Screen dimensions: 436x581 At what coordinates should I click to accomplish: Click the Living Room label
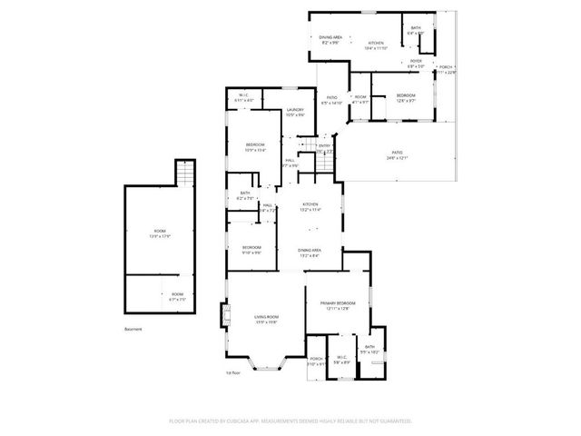pyautogui.click(x=265, y=318)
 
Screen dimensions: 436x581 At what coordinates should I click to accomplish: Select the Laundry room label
pyautogui.click(x=295, y=112)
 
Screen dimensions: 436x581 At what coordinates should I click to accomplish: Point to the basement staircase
pyautogui.click(x=185, y=171)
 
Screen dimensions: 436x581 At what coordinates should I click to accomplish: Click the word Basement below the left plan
pyautogui.click(x=133, y=330)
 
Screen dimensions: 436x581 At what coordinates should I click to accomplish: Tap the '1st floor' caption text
pyautogui.click(x=233, y=372)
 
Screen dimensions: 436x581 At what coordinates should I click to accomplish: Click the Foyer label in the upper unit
pyautogui.click(x=415, y=64)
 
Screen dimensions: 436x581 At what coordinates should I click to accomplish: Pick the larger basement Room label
pyautogui.click(x=160, y=234)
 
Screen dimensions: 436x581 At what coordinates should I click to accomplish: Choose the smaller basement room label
pyautogui.click(x=177, y=295)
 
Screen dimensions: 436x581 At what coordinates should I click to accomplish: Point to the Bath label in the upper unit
pyautogui.click(x=416, y=30)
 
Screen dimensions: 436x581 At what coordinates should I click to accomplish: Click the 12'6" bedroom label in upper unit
pyautogui.click(x=406, y=98)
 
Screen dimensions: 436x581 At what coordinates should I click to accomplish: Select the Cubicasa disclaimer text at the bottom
pyautogui.click(x=290, y=421)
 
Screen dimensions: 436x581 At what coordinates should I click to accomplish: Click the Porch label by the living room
pyautogui.click(x=316, y=360)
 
